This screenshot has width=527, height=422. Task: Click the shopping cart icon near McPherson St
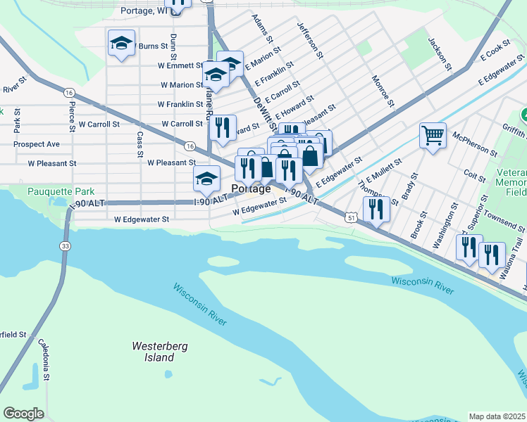tap(433, 135)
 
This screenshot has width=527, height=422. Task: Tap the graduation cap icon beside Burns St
tap(121, 44)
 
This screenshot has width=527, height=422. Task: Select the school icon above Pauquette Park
tap(206, 179)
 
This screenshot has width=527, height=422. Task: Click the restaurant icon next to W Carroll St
tap(222, 127)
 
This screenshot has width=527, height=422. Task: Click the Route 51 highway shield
tap(351, 219)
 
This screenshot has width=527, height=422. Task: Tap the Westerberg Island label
tap(153, 352)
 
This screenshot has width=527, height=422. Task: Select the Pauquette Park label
tap(61, 191)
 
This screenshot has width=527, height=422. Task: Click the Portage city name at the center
tap(251, 189)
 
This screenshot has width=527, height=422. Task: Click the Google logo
tap(23, 414)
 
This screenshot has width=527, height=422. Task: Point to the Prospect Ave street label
tap(39, 144)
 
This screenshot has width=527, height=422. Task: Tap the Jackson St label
tap(440, 53)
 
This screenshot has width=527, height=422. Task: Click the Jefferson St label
tap(310, 40)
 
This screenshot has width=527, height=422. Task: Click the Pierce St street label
tap(72, 116)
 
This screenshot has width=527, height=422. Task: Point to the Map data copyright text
tap(497, 416)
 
